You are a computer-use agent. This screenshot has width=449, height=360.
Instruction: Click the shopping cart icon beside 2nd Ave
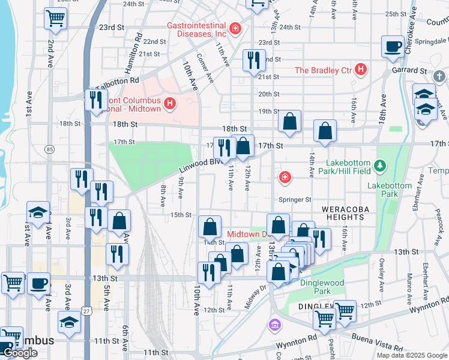[x=55, y=19]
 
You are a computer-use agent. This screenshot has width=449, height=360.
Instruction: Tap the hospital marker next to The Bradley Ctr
[x=361, y=70]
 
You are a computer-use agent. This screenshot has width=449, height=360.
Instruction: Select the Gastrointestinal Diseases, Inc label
[x=196, y=29]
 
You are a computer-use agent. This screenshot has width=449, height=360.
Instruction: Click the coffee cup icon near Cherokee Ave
[x=393, y=46]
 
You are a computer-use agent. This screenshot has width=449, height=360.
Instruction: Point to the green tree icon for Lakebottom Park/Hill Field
[x=379, y=164]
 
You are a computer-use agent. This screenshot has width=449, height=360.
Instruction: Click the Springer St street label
[x=295, y=200]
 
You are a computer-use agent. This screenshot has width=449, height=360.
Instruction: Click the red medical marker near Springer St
[x=285, y=177]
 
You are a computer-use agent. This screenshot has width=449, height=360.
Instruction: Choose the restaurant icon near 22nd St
[x=253, y=60]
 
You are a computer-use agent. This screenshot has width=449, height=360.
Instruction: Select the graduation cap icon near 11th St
[x=69, y=322]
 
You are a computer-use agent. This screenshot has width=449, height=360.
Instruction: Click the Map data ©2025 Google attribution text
[x=411, y=355]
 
